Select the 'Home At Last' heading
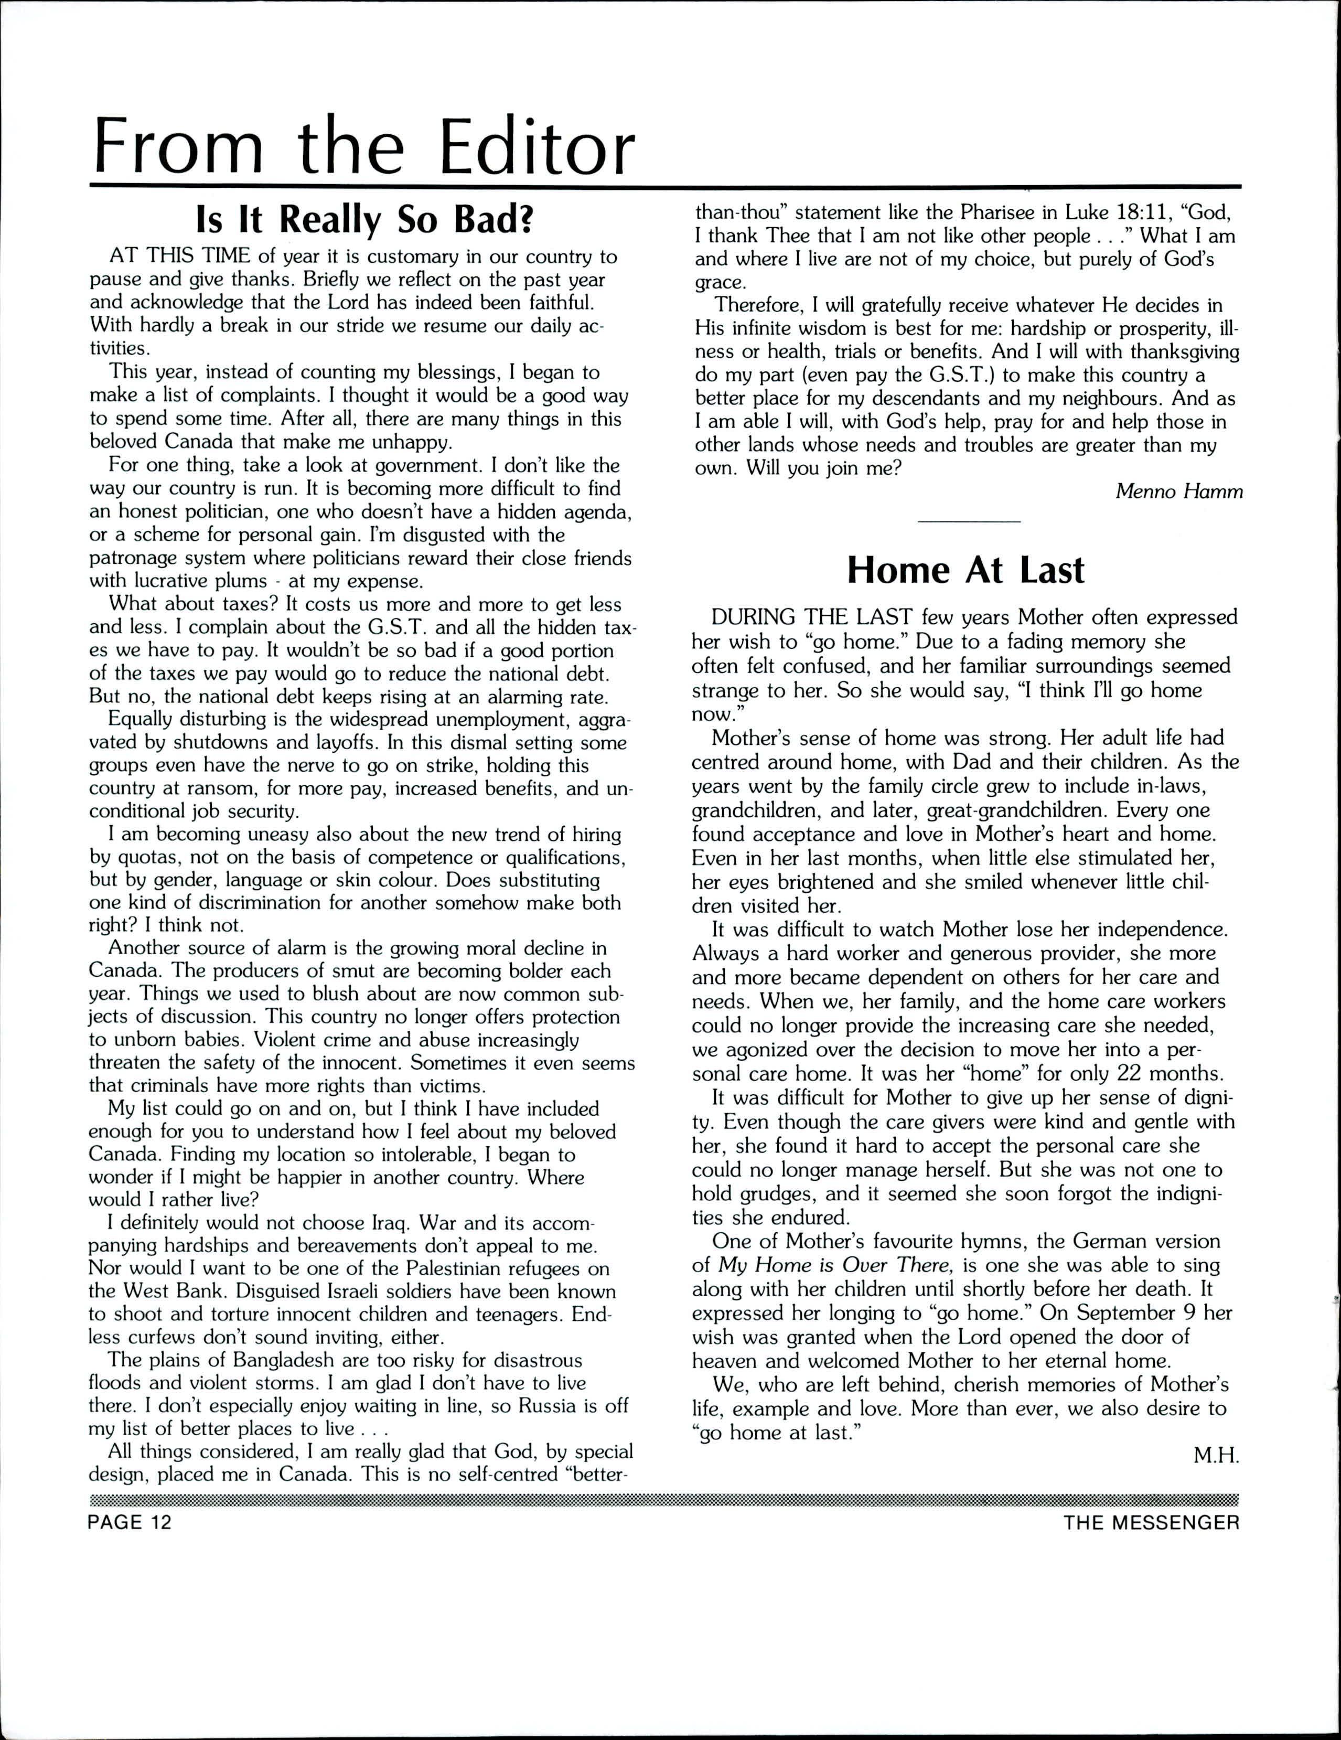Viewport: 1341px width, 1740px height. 965,570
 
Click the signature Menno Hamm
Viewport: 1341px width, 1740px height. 1178,492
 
